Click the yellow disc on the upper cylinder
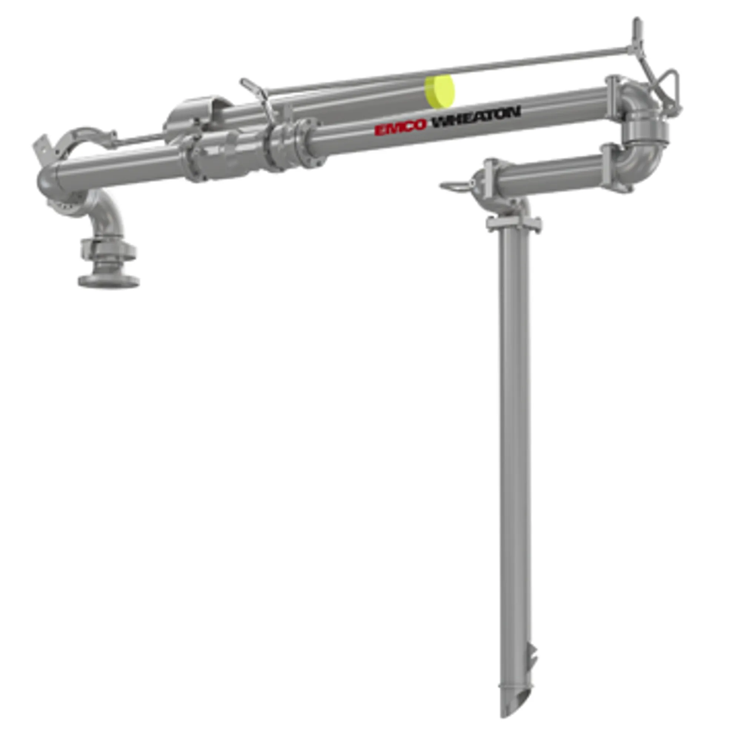439,92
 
